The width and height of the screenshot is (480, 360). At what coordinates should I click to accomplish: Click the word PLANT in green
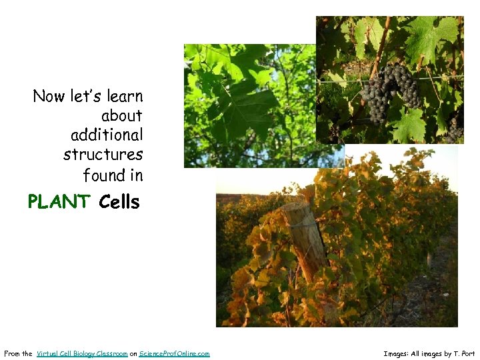click(x=59, y=201)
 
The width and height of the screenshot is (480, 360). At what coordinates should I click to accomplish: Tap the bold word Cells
click(x=119, y=201)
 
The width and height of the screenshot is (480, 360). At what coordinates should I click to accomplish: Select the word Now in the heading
click(x=49, y=96)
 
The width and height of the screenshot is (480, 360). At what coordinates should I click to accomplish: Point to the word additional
click(x=107, y=135)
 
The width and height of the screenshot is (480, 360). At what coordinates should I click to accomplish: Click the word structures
click(x=103, y=155)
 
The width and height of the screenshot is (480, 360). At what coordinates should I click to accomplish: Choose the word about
click(x=122, y=116)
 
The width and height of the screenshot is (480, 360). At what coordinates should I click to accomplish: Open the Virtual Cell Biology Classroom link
click(x=82, y=353)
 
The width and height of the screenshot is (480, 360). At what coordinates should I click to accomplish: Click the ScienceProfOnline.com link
click(x=175, y=353)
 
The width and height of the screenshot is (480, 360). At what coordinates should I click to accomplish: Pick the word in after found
click(x=137, y=175)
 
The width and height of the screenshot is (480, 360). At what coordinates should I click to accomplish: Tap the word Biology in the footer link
click(x=83, y=353)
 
